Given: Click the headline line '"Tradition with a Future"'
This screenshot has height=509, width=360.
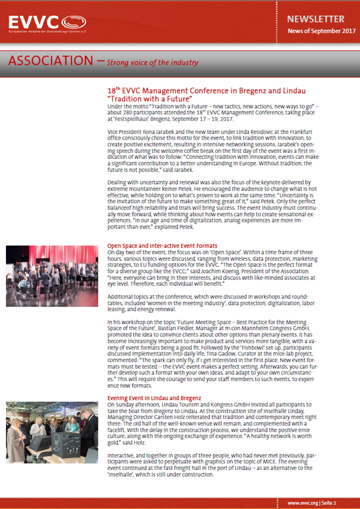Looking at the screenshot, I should pyautogui.click(x=149, y=98).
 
